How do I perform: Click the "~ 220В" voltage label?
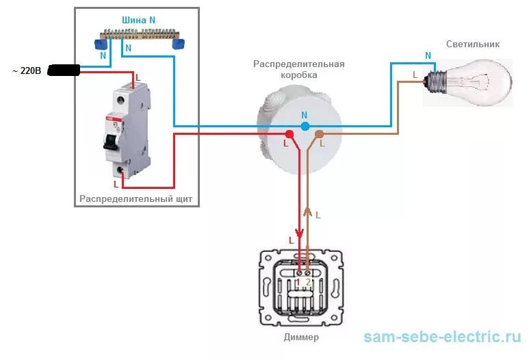click(26, 70)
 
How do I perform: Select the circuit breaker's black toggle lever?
click(110, 140)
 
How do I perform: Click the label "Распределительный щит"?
click(136, 199)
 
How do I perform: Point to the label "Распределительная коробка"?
click(298, 69)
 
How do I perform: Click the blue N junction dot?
click(305, 126)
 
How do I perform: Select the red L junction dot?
click(289, 133)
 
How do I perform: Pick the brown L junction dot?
click(319, 133)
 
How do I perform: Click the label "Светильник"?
click(473, 44)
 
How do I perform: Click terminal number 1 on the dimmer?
click(298, 282)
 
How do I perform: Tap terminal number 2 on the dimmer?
click(308, 282)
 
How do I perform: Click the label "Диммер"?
click(301, 337)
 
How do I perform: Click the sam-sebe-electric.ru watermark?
click(442, 337)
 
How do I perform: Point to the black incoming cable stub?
click(64, 70)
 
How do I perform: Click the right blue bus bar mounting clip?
click(179, 44)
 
